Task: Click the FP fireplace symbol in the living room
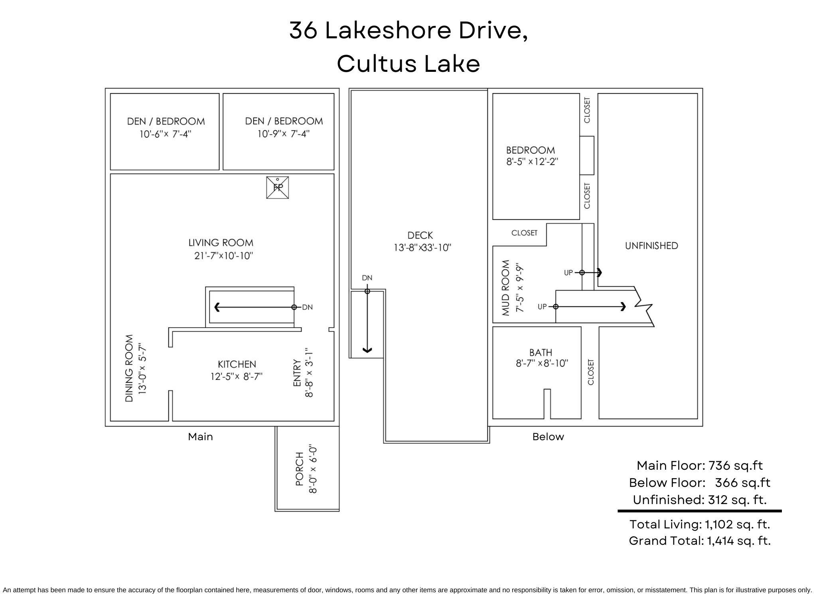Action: tap(277, 187)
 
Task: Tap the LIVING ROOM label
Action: tap(221, 243)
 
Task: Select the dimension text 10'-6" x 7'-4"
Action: tap(165, 134)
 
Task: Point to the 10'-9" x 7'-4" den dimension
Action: tap(283, 134)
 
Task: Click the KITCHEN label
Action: tap(237, 364)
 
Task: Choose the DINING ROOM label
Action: tap(129, 368)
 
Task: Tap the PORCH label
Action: tap(300, 469)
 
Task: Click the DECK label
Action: tap(420, 235)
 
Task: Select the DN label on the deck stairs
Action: tap(367, 278)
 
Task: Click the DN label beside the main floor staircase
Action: tap(307, 307)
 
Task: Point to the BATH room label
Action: tap(541, 352)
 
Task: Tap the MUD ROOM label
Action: tap(505, 287)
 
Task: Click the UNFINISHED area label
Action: tap(651, 246)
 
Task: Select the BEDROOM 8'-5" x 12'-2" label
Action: tap(531, 150)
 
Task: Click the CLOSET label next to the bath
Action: tap(591, 372)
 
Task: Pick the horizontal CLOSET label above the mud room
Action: tap(524, 233)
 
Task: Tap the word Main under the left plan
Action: tap(200, 437)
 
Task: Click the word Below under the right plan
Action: tap(548, 437)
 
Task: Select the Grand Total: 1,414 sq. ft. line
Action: tap(699, 541)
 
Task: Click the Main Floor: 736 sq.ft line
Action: tap(699, 465)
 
